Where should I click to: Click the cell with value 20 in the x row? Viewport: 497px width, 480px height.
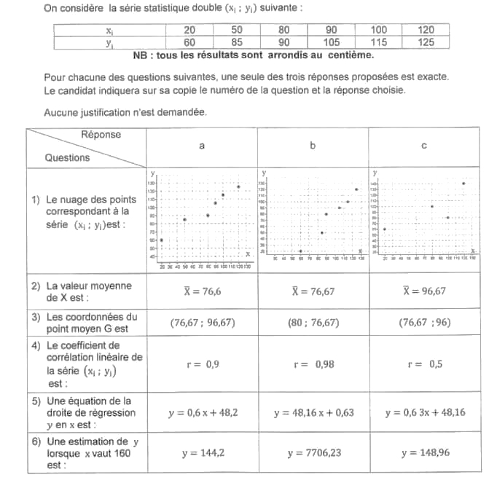(x=189, y=30)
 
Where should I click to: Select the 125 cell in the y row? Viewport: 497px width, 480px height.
(x=426, y=42)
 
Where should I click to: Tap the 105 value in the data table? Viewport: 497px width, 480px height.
(x=331, y=42)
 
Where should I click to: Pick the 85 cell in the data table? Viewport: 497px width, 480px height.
(x=237, y=42)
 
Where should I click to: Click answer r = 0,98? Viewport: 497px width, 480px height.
(x=313, y=364)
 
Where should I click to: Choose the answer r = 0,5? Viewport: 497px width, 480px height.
(x=424, y=364)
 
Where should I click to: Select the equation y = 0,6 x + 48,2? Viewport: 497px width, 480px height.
(x=202, y=413)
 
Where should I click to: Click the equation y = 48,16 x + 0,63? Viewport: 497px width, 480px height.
(x=313, y=413)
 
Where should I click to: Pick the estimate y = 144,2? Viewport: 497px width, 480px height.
(x=202, y=453)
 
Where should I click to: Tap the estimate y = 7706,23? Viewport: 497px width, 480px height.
(x=313, y=453)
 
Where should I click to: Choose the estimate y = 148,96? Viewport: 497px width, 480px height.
(x=424, y=453)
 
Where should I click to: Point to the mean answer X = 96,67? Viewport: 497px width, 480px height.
(x=424, y=291)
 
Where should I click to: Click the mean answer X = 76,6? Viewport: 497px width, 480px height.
(x=202, y=291)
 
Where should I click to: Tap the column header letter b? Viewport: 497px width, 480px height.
(x=313, y=146)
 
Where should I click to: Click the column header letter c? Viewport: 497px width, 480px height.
(x=424, y=146)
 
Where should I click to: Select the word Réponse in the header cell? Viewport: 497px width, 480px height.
(x=101, y=135)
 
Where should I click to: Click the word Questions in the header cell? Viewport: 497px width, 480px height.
(x=68, y=157)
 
